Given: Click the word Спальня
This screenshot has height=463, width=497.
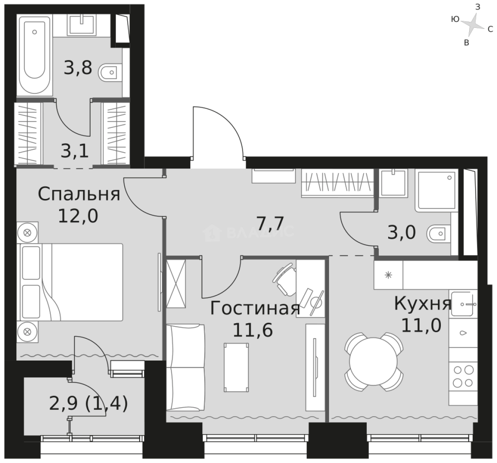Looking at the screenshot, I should [79, 194].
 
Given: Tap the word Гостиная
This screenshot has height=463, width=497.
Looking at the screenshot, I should [254, 308].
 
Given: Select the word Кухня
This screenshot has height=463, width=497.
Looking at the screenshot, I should [422, 304].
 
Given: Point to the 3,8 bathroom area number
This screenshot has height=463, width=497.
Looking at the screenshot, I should [78, 68].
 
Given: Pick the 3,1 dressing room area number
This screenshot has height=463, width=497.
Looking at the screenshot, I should [75, 150].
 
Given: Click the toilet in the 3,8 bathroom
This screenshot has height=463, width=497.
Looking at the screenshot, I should [109, 73].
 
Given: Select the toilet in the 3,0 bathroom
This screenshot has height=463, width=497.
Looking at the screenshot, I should [438, 234].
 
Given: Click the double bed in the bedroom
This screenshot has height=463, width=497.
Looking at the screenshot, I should [70, 282].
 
